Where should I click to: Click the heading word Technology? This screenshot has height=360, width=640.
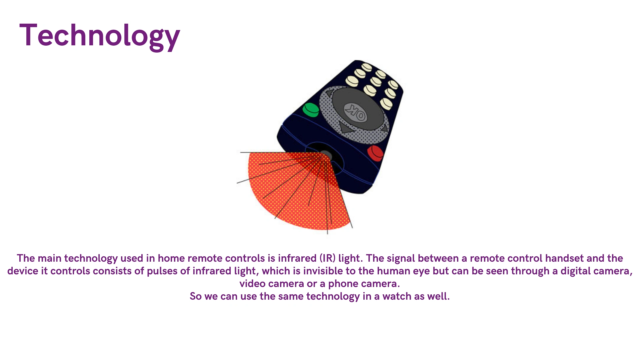click(x=100, y=36)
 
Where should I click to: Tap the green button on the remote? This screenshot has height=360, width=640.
click(x=311, y=110)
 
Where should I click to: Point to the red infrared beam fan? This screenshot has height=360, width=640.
click(x=297, y=190)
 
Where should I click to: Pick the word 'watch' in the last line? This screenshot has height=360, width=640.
click(x=397, y=296)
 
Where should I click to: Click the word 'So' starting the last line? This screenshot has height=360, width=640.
click(x=196, y=296)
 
